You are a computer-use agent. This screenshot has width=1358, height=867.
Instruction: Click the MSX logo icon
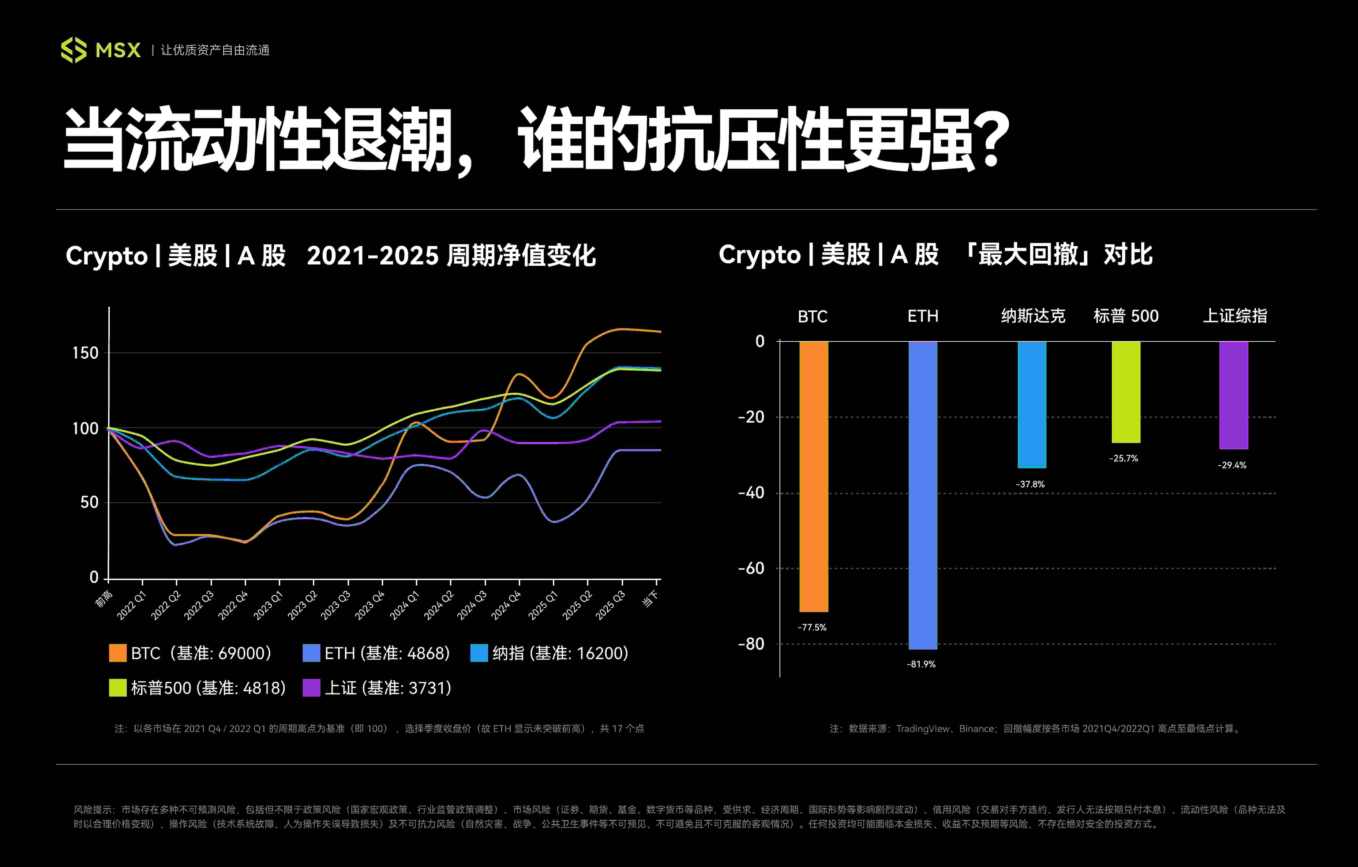(x=73, y=50)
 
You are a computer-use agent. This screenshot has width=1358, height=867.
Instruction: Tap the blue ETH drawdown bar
(x=923, y=495)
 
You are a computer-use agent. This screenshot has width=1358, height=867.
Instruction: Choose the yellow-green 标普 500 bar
(x=1126, y=392)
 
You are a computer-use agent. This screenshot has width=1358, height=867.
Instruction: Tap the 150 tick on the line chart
(x=85, y=353)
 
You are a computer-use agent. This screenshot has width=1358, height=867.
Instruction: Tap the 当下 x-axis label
(x=650, y=599)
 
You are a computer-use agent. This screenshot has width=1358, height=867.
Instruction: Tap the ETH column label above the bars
(x=923, y=316)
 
